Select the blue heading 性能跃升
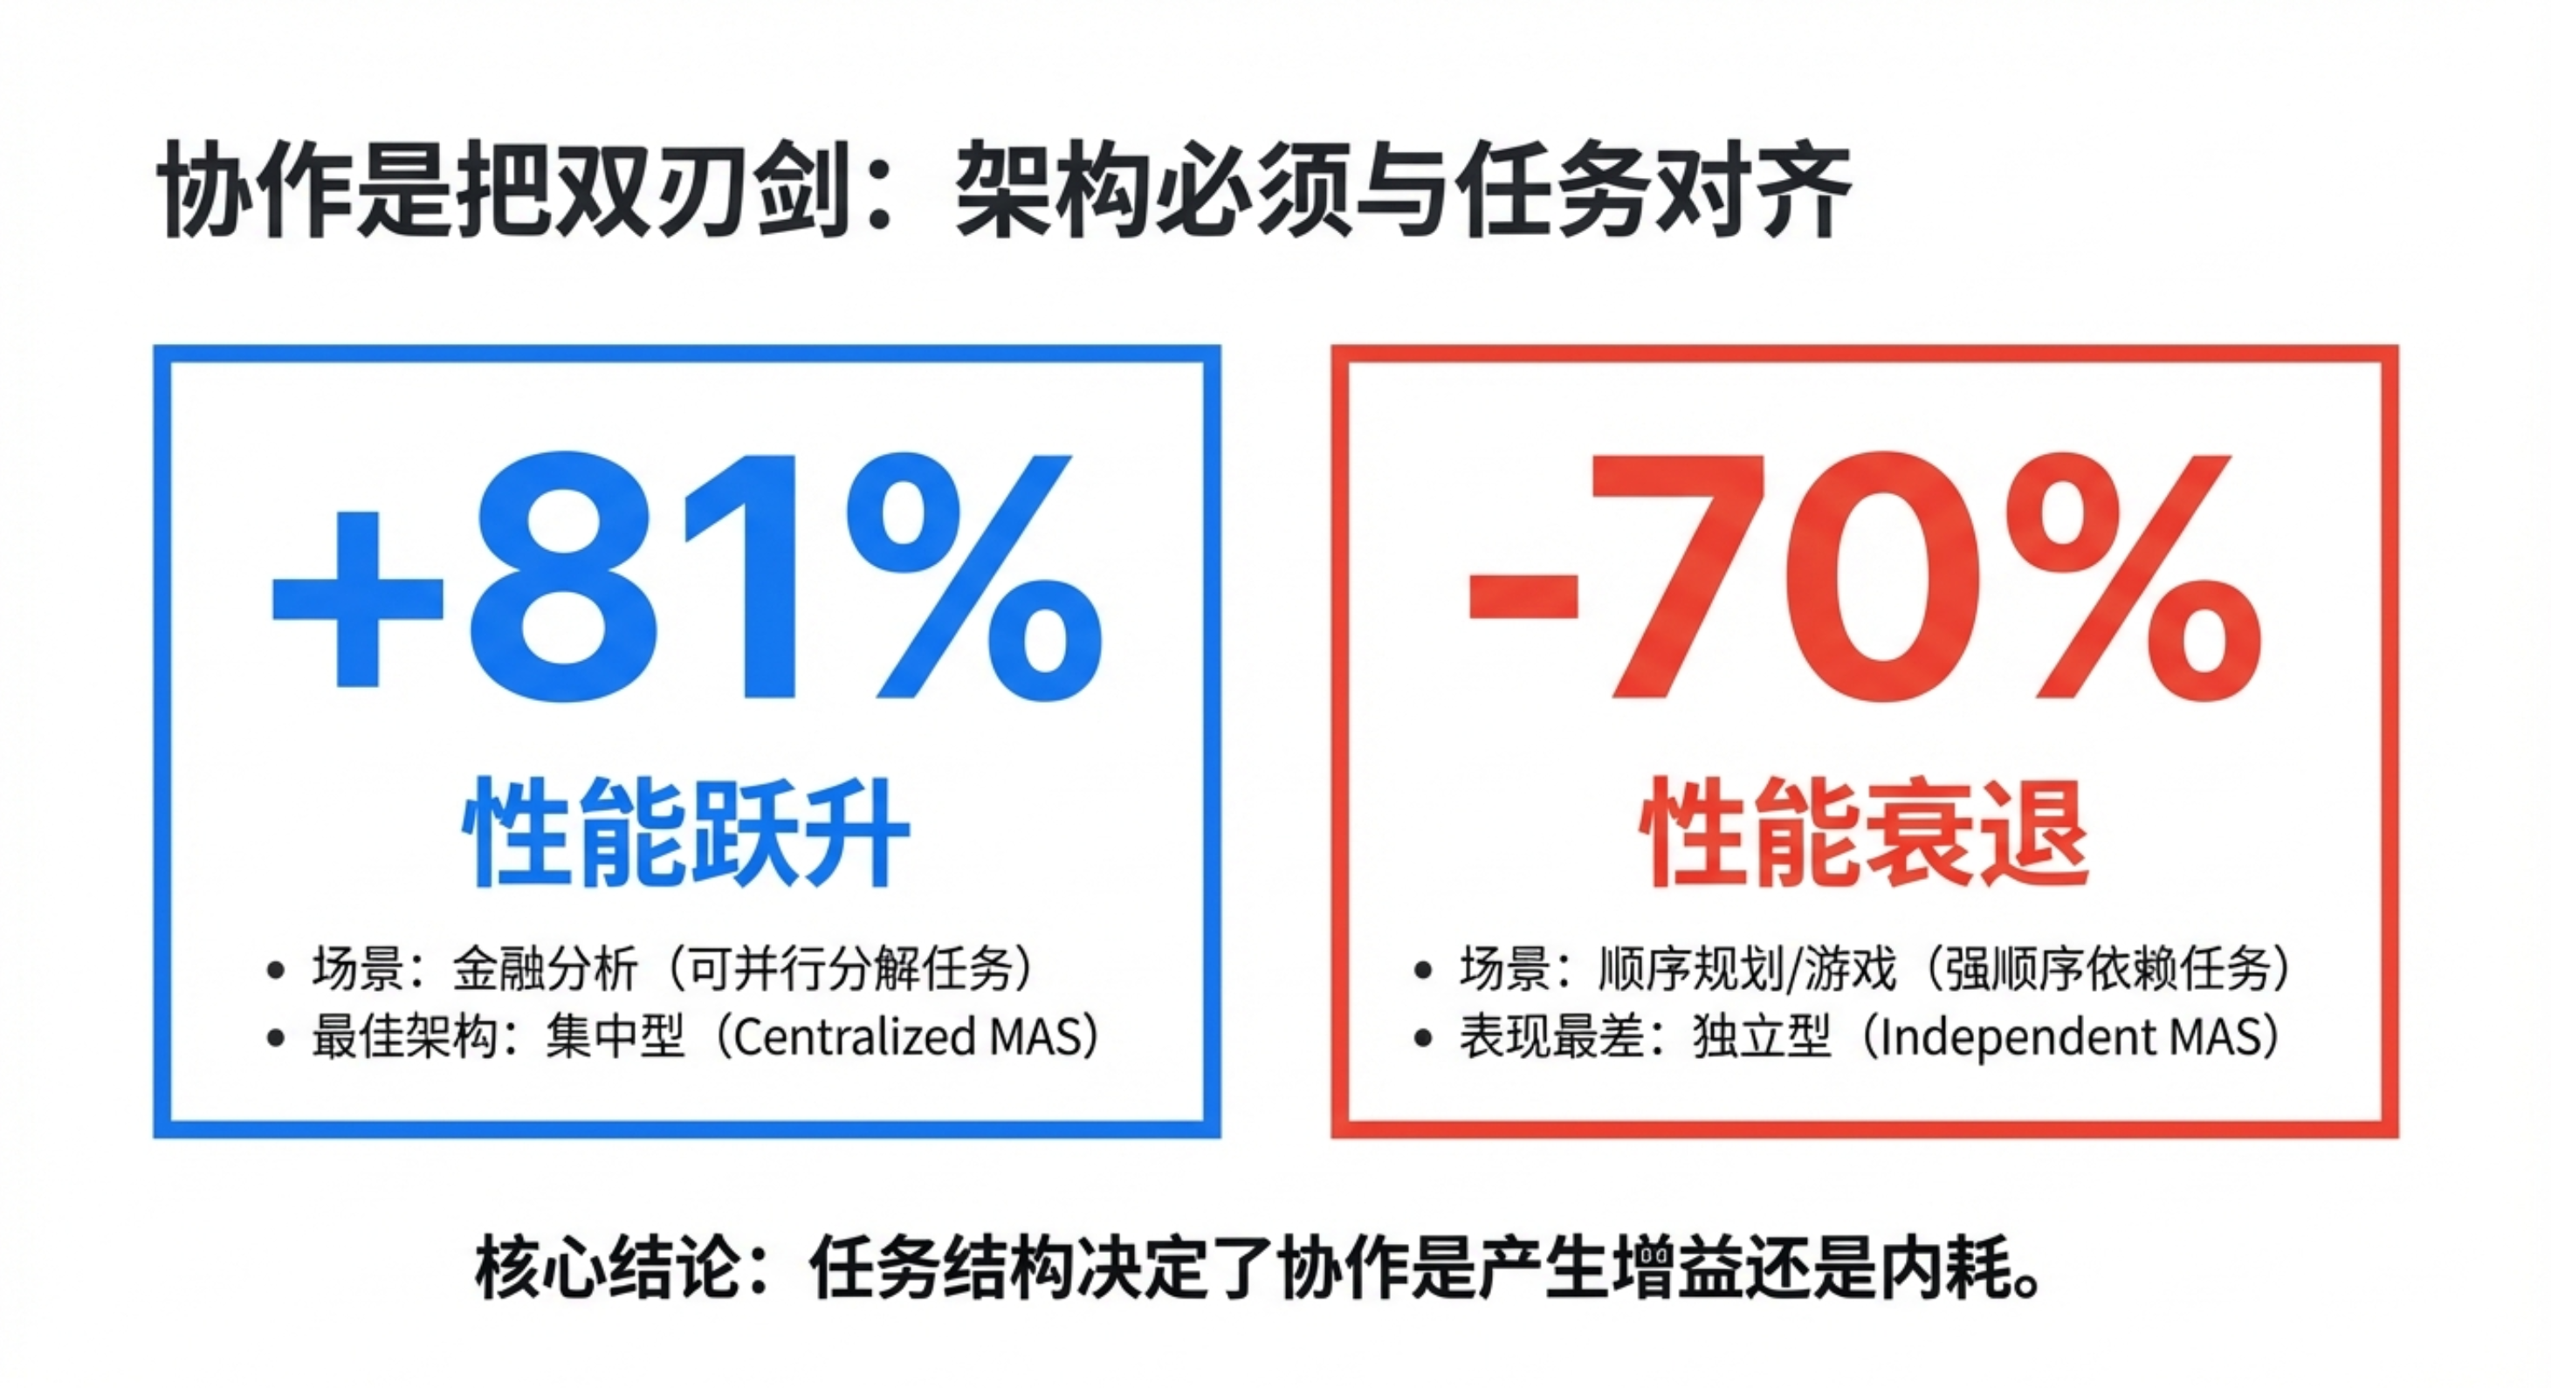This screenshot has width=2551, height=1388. [685, 833]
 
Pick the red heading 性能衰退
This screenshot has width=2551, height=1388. [1864, 833]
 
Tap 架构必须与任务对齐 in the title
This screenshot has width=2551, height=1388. [1403, 191]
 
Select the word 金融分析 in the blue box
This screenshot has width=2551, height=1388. [545, 968]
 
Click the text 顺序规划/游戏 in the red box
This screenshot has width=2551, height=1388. [1747, 968]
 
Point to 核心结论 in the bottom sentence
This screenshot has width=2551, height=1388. [608, 1270]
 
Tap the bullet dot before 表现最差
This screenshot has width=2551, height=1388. [1423, 1040]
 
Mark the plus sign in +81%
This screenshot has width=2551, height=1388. [357, 600]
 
